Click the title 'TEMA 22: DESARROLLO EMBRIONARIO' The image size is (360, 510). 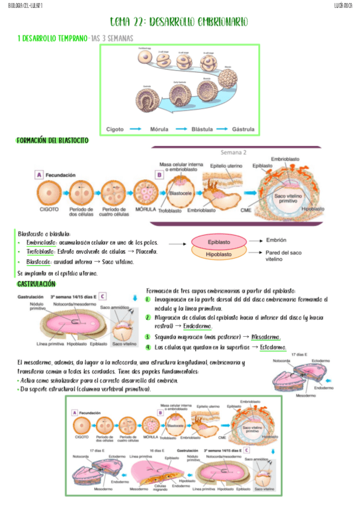(178, 22)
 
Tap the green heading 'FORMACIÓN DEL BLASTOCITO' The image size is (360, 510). (52, 140)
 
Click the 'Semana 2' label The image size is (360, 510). (233, 153)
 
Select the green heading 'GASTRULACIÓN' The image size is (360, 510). (36, 283)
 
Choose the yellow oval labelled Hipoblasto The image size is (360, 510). (219, 254)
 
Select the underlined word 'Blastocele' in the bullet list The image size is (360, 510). (39, 262)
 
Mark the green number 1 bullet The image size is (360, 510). (148, 299)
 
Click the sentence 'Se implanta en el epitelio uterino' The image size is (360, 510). (58, 273)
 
